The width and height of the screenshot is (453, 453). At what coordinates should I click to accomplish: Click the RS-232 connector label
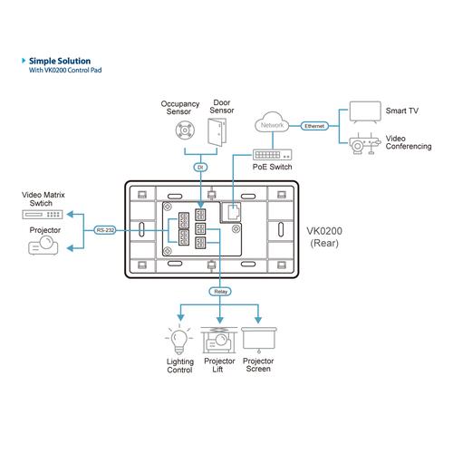coord(105,230)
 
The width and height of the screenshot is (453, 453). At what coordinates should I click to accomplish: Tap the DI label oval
coord(200,167)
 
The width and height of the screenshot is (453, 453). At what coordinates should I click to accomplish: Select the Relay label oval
coord(220,292)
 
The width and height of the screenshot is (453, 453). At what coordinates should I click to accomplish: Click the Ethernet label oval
coord(314,126)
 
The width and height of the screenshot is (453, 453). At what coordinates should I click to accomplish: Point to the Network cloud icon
coord(272,122)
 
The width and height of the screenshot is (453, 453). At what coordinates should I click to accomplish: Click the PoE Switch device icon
coord(272,155)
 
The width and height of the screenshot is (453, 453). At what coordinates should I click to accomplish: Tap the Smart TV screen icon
coord(365,112)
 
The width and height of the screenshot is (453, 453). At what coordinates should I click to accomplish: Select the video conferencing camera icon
coord(364,144)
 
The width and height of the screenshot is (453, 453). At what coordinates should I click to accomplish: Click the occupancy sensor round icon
coord(185,130)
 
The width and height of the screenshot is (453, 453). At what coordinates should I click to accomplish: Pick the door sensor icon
coord(217,132)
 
